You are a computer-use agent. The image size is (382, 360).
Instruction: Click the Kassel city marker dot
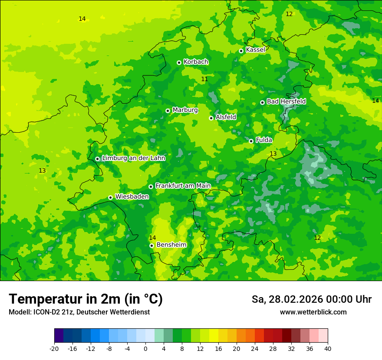(241, 51)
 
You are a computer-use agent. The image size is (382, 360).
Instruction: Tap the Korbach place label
(196, 62)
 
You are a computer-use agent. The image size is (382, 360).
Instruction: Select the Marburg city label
(185, 110)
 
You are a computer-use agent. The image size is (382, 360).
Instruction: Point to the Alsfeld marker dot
(211, 118)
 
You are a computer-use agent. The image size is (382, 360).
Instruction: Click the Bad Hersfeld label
(286, 101)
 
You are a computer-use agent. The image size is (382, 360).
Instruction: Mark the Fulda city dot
(251, 141)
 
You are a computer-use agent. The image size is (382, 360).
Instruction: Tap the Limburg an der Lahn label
(133, 158)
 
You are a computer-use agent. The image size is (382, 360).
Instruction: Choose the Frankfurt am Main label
(183, 186)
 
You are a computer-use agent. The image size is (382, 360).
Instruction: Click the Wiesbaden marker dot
(110, 197)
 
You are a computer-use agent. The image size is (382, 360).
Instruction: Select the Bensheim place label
(171, 245)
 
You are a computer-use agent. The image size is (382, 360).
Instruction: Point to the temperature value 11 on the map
(204, 79)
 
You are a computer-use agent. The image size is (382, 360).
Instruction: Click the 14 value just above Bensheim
(152, 238)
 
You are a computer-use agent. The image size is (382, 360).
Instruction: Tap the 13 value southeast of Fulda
(273, 154)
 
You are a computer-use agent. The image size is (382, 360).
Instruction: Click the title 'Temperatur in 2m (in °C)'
(86, 299)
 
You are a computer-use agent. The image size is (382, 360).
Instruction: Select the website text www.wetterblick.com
(313, 312)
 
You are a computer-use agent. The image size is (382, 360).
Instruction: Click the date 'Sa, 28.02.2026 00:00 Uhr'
(311, 299)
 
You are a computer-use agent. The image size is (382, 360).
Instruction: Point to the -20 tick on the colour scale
(54, 348)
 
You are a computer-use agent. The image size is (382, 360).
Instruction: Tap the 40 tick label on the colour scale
(327, 348)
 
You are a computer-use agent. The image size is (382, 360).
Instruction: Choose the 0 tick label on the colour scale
(145, 348)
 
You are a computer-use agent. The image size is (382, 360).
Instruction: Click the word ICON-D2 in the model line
(45, 312)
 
